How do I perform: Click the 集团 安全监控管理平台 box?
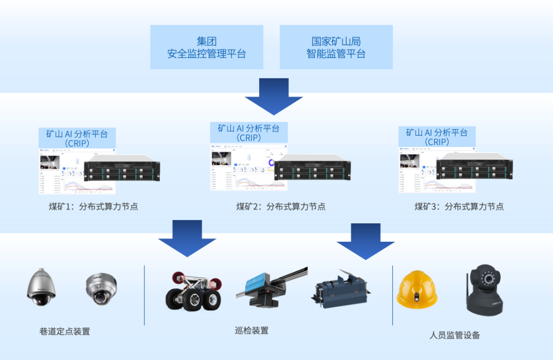tap(206, 47)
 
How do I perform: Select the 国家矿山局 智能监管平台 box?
tap(336, 47)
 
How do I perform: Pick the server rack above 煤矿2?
tap(312, 168)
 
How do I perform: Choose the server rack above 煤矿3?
tap(475, 167)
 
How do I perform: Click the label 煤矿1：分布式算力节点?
tap(93, 207)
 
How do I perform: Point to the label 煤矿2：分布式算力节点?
tap(281, 207)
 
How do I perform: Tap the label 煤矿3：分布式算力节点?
tap(459, 207)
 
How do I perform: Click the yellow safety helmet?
tap(417, 290)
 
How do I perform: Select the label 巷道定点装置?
tap(65, 331)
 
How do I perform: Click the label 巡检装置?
tap(251, 330)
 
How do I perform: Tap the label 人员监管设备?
tap(455, 335)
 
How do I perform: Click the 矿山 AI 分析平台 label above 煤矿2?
tap(249, 133)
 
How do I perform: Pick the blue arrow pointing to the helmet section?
tap(366, 241)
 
